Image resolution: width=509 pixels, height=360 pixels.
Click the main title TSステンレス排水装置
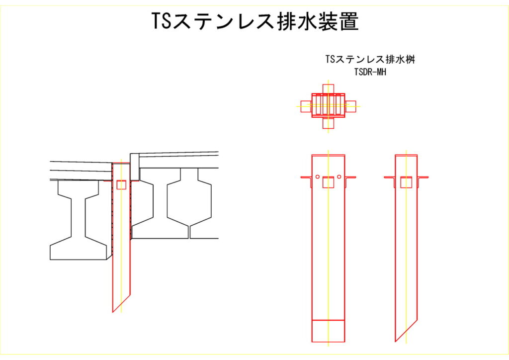coord(255,21)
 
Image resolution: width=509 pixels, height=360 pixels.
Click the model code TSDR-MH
coord(370,72)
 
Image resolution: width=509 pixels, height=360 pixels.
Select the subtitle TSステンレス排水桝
coord(370,59)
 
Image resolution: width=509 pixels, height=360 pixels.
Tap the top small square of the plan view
coord(328,89)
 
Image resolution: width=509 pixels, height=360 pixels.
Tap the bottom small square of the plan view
coord(328,123)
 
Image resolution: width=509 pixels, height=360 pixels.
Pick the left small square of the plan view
coord(306,106)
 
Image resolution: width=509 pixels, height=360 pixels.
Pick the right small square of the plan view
coord(350,106)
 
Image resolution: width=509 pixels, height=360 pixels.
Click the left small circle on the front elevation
coord(318,177)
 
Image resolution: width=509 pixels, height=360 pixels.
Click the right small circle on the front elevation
coord(339,177)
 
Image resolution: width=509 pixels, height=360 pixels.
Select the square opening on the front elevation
coord(328,182)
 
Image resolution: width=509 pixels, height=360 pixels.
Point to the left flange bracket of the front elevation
coord(306,181)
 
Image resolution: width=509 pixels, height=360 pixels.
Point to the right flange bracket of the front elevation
coord(350,181)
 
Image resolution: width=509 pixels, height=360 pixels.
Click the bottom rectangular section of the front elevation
coord(328,331)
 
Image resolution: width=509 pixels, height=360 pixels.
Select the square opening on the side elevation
coord(406,182)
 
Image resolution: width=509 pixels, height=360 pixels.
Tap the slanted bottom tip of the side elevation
coord(395,342)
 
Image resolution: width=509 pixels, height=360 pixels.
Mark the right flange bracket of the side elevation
coord(423,181)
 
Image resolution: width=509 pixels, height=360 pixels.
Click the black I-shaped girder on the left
coord(78,220)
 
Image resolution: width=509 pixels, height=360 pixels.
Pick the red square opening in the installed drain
coord(121,184)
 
